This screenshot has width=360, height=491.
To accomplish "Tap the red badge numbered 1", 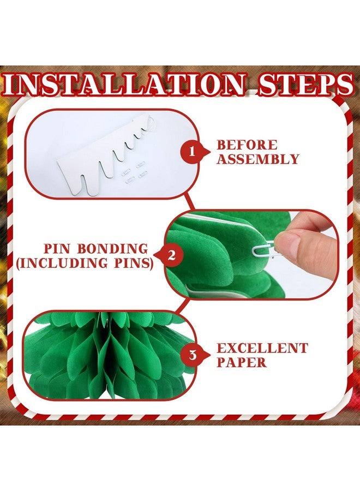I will coord(191,153).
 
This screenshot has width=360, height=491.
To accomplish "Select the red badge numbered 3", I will coord(191,356).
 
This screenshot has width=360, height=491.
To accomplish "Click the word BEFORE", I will coord(247,146).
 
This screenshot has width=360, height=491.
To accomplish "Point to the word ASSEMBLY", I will coord(258,160).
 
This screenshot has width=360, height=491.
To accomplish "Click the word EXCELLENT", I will coord(262,348).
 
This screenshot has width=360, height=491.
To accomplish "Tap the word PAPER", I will coord(242,362).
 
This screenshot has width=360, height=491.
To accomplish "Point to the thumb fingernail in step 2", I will coord(289,242).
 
